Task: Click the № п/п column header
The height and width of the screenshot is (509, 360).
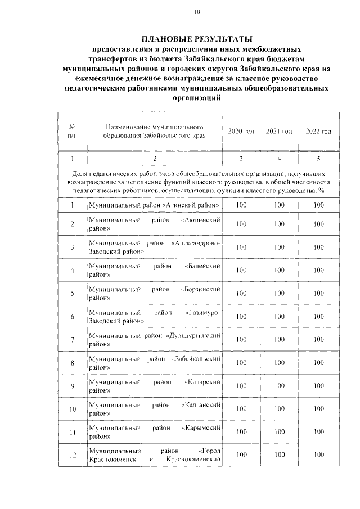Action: tap(73, 131)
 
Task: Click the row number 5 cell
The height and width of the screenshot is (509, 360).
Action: tap(73, 294)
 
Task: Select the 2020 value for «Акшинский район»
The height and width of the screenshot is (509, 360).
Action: tap(241, 224)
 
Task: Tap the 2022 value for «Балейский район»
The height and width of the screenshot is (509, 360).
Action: tap(318, 270)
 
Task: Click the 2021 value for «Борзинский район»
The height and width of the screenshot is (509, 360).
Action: tap(278, 294)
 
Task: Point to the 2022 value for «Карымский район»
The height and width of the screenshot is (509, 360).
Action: tap(318, 432)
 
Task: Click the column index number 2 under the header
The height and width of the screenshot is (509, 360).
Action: tap(155, 159)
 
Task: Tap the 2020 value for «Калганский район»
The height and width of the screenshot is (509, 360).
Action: tap(241, 409)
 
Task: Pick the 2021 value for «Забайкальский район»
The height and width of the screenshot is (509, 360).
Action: tap(278, 363)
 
